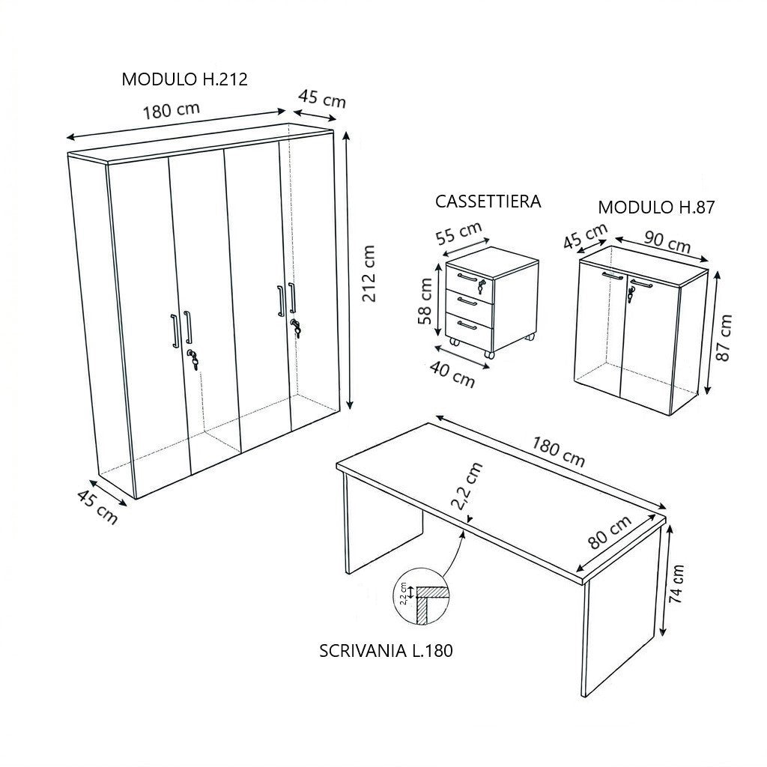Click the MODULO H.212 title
[x=184, y=79]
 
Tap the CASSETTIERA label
[x=488, y=201]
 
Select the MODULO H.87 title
[x=656, y=207]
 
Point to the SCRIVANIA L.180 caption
[x=386, y=651]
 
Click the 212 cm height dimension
[x=369, y=273]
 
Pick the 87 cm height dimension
[x=724, y=338]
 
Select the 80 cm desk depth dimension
[x=610, y=533]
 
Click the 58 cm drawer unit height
[x=425, y=301]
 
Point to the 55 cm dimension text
[x=459, y=233]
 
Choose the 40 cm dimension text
[x=452, y=375]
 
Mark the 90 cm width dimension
[x=667, y=241]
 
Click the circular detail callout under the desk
[x=421, y=595]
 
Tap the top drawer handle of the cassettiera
[x=468, y=277]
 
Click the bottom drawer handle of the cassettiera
[x=468, y=325]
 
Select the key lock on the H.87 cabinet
[x=631, y=294]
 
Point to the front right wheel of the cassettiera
[x=488, y=354]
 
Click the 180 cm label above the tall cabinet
[x=172, y=111]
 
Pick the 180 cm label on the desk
[x=558, y=452]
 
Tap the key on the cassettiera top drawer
[x=482, y=287]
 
